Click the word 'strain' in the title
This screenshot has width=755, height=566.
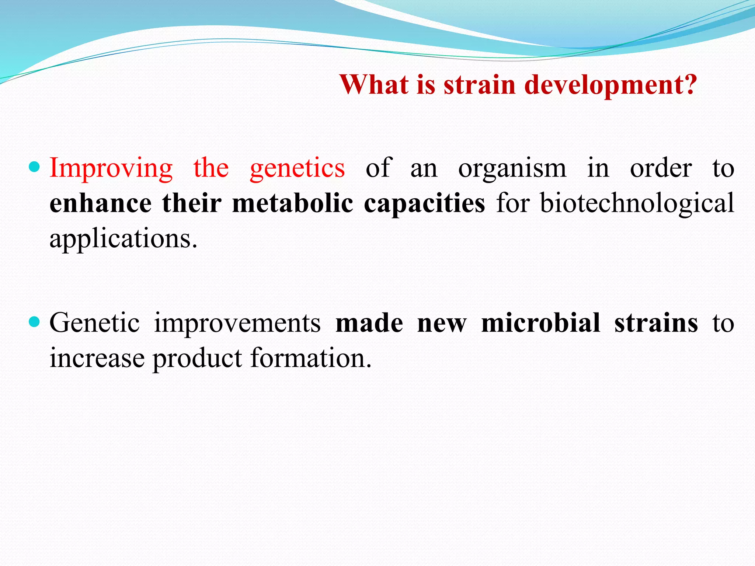pos(479,85)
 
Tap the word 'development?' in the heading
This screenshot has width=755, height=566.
pos(610,85)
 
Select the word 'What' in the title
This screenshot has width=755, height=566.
pos(374,85)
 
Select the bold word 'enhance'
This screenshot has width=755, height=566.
pos(100,203)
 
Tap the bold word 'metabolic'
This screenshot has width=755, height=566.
pos(292,203)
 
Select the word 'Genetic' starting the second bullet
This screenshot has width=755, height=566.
pos(95,323)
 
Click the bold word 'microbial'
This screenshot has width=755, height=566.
pos(541,323)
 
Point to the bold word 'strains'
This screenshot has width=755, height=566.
pos(656,323)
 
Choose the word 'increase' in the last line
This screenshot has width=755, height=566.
pos(97,358)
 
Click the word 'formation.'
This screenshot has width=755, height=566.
pos(311,358)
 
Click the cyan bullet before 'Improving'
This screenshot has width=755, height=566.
pos(34,167)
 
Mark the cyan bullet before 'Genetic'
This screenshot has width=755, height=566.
pos(34,322)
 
